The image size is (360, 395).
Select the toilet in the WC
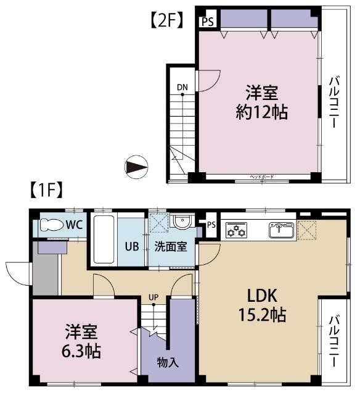51,225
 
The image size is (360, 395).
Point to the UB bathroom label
132,246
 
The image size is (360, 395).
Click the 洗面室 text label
171,246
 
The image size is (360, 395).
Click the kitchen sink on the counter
281,230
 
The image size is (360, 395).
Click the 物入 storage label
167,362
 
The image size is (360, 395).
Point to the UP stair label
153,297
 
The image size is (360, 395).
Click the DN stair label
182,87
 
